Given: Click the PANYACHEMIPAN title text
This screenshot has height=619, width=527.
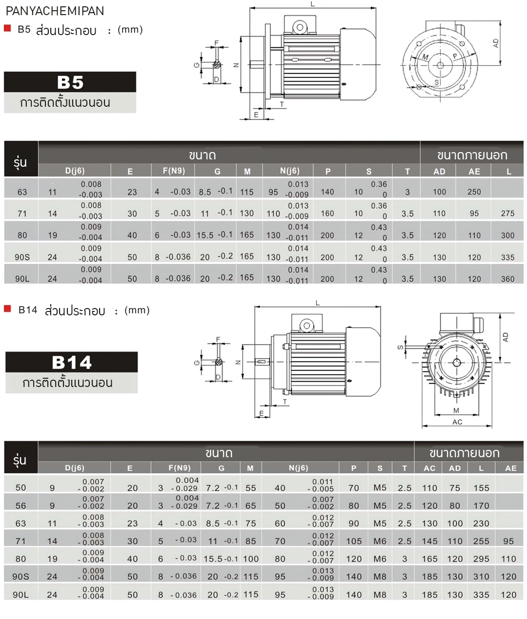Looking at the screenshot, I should pos(55,11).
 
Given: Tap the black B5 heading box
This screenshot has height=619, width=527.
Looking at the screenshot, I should pos(70,82).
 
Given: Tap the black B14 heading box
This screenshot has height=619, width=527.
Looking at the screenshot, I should pos(72,363).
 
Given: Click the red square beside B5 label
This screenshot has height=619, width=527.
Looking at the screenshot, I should pos(7,28).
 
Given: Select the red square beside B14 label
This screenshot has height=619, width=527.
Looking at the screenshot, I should pos(7,309).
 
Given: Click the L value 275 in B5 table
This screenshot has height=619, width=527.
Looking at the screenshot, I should pos(507,213).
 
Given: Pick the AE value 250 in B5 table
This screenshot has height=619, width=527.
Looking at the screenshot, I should pos(474,192).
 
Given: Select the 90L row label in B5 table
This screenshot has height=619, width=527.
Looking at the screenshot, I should pos(22,279).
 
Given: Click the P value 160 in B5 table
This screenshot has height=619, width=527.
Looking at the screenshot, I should pos(327,213).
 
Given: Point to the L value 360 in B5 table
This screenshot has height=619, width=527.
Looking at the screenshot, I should pos(507,279).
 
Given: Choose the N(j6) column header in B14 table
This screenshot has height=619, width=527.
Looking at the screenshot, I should pos(298,468).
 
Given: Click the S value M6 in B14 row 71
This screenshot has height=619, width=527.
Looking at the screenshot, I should pos(380,541).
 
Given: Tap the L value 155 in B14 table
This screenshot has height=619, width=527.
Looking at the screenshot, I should pos(481,488).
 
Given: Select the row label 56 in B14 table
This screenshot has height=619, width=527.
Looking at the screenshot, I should pos(21,506).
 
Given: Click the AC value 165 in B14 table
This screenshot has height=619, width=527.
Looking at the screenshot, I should pos(429,559).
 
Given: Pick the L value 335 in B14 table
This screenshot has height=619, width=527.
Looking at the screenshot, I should pos(481,595).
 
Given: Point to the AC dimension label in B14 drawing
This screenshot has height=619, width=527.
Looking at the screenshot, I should pos(457,422).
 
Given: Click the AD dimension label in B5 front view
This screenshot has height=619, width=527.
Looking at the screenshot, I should pos(496,43).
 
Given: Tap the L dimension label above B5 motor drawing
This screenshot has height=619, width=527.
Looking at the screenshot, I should pos(313,4).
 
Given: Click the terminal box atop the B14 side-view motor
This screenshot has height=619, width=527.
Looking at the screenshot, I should pos(307,324).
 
